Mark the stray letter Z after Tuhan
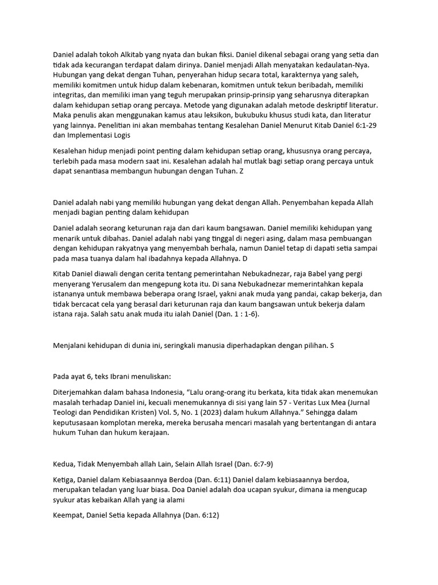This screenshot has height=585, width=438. coord(241,171)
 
